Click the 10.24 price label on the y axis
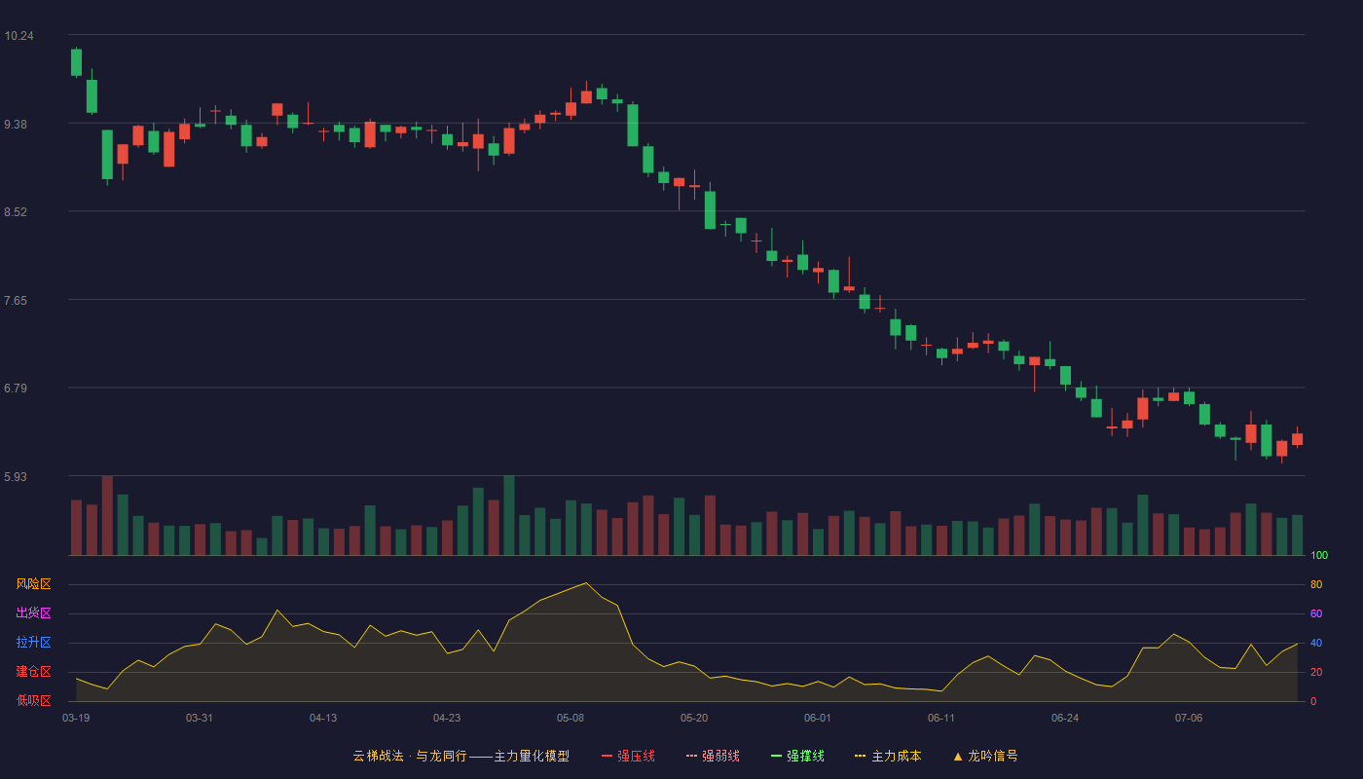pyautogui.click(x=18, y=36)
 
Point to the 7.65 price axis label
pyautogui.click(x=16, y=301)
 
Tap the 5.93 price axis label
pyautogui.click(x=16, y=476)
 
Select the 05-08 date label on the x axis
pyautogui.click(x=571, y=719)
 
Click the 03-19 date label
pyautogui.click(x=76, y=719)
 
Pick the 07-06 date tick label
pyautogui.click(x=1189, y=719)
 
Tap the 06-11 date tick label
pyautogui.click(x=941, y=719)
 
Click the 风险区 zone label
pyautogui.click(x=33, y=584)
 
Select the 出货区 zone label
pyautogui.click(x=33, y=612)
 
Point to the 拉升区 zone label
pyautogui.click(x=33, y=642)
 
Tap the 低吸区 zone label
pyautogui.click(x=33, y=700)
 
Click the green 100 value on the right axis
pyautogui.click(x=1319, y=555)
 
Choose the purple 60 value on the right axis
pyautogui.click(x=1316, y=613)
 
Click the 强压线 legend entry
pyautogui.click(x=628, y=756)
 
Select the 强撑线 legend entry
pyautogui.click(x=797, y=756)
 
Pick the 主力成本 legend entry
pyautogui.click(x=888, y=756)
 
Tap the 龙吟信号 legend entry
pyautogui.click(x=985, y=756)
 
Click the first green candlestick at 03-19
pyautogui.click(x=76, y=62)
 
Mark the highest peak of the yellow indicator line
pyautogui.click(x=586, y=583)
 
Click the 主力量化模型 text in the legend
pyautogui.click(x=532, y=756)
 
